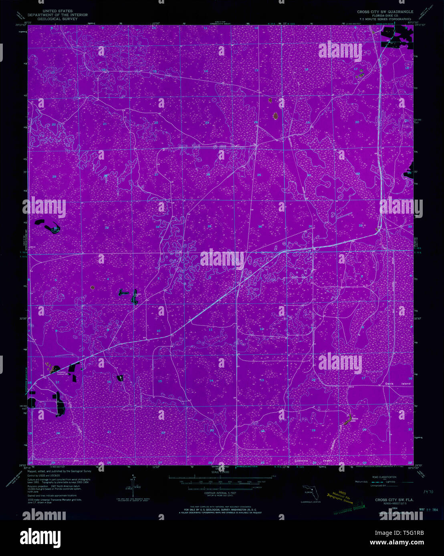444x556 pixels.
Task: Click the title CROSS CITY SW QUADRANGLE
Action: pyautogui.click(x=385, y=12)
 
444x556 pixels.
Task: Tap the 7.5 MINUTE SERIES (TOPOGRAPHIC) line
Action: pyautogui.click(x=385, y=19)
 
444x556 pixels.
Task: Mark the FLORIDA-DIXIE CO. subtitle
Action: pyautogui.click(x=385, y=16)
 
